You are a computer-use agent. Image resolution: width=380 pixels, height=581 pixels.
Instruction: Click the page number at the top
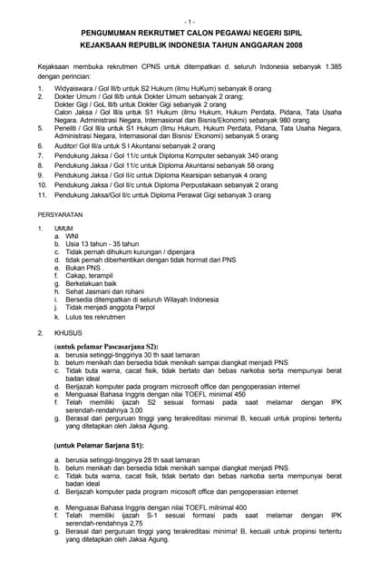(x=189, y=20)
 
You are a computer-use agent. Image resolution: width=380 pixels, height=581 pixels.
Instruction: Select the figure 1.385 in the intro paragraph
(x=330, y=70)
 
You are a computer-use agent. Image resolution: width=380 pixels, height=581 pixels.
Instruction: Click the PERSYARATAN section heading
(x=60, y=214)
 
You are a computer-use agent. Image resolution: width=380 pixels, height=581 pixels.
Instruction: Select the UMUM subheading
(x=63, y=228)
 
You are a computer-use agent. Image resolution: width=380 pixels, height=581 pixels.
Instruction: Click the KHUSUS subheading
(x=67, y=333)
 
